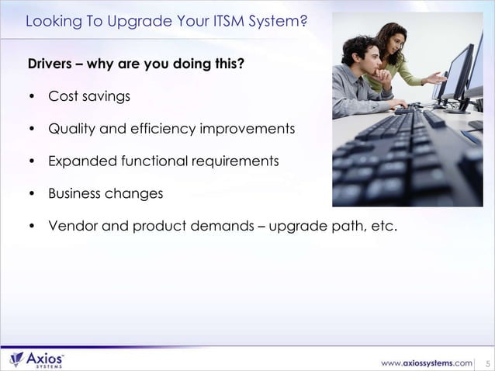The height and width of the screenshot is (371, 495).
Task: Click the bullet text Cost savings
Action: pos(89,96)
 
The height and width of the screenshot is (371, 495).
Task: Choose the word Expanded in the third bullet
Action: pos(80,161)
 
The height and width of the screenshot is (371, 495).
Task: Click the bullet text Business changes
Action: pos(106,193)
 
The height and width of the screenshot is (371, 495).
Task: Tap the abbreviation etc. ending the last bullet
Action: pos(382,226)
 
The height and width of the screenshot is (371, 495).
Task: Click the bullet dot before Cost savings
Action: pos(31,97)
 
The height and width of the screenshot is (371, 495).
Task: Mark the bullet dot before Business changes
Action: pos(31,194)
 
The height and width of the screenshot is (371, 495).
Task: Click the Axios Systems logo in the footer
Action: pos(36,359)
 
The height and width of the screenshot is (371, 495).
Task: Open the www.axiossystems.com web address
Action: pos(426,362)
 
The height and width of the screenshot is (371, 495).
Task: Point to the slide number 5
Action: pos(486,362)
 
